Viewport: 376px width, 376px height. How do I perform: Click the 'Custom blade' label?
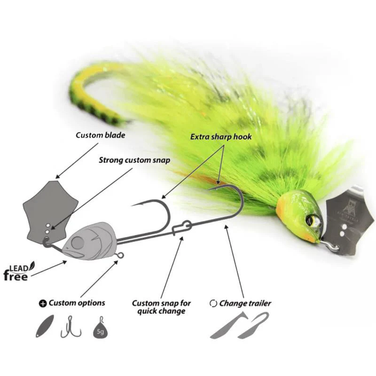(101, 135)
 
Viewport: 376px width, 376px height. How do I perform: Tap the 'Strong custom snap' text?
(134, 160)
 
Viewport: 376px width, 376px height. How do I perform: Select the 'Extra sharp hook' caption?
(221, 137)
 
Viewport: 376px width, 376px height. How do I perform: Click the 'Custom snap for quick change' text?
(161, 307)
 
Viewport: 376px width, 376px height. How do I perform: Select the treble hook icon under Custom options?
(71, 327)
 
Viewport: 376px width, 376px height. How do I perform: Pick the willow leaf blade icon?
(45, 326)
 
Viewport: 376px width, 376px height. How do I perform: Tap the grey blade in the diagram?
(50, 211)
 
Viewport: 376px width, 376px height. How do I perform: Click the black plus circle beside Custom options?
(43, 304)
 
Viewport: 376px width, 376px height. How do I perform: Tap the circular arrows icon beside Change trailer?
(213, 303)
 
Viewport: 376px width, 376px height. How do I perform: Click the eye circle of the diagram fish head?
(78, 243)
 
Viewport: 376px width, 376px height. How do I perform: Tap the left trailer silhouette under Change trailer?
(229, 325)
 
